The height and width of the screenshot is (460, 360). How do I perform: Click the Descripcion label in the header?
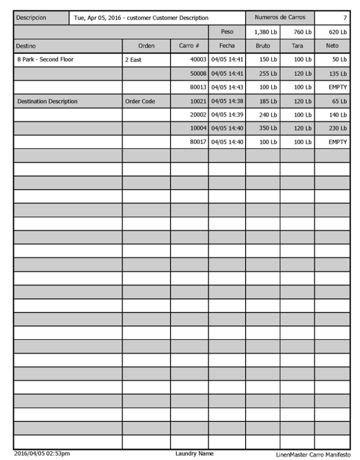pyautogui.click(x=31, y=17)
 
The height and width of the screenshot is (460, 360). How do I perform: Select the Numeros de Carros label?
pyautogui.click(x=279, y=17)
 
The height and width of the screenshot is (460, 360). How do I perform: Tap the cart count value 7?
pyautogui.click(x=345, y=17)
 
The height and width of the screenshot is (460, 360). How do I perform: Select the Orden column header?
pyautogui.click(x=146, y=46)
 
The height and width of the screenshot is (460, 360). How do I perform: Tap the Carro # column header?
pyautogui.click(x=189, y=46)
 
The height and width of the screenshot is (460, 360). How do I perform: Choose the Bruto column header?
pyautogui.click(x=262, y=46)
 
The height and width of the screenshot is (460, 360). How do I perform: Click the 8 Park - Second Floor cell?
pyautogui.click(x=45, y=59)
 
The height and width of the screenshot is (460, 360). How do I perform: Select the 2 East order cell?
pyautogui.click(x=134, y=60)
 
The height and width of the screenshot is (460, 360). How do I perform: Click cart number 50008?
pyautogui.click(x=198, y=73)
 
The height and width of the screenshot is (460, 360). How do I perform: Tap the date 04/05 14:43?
pyautogui.click(x=227, y=87)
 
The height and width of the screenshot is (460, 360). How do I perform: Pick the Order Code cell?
pyautogui.click(x=140, y=101)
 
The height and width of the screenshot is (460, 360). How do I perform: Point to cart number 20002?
pyautogui.click(x=198, y=115)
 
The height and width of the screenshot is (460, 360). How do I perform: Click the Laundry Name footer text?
pyautogui.click(x=194, y=453)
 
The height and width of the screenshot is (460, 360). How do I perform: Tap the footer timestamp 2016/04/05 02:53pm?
pyautogui.click(x=42, y=453)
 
